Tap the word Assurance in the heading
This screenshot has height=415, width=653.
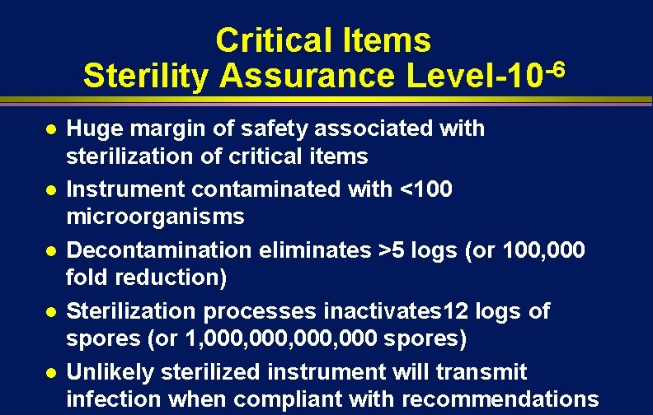tap(307, 76)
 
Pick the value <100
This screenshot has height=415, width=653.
tap(425, 189)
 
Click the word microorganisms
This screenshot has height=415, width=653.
tap(155, 217)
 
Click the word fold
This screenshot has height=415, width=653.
tap(85, 277)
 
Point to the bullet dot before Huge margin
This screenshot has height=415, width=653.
tap(51, 130)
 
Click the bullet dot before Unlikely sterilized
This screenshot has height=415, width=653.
tap(51, 373)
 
